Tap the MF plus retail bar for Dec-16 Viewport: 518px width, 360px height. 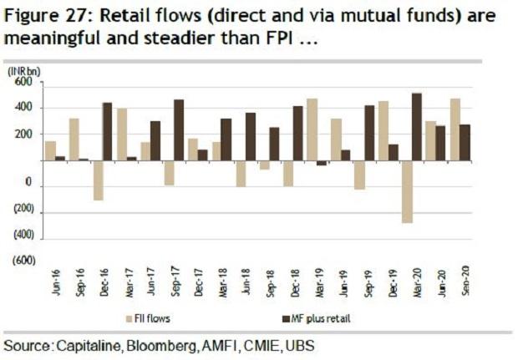click(x=107, y=131)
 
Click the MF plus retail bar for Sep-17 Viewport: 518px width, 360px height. click(x=179, y=129)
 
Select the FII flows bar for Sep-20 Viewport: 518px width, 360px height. click(x=455, y=129)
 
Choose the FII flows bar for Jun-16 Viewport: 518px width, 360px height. click(x=50, y=150)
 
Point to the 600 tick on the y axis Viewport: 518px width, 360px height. click(x=23, y=82)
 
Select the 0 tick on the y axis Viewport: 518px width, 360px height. click(x=28, y=183)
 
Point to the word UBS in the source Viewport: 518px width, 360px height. click(x=307, y=345)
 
